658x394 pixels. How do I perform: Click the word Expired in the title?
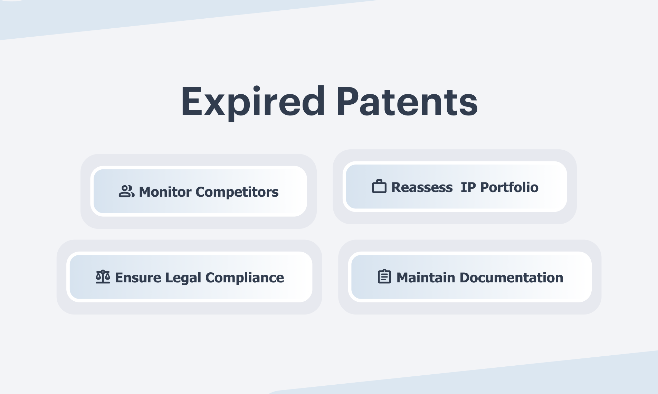pos(253,102)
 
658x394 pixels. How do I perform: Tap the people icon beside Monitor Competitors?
pos(126,191)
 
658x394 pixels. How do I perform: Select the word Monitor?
pos(165,192)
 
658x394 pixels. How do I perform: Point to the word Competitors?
pos(237,192)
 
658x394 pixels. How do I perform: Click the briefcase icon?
pos(379,186)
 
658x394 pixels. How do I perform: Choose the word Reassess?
pos(422,187)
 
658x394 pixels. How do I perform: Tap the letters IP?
pos(468,187)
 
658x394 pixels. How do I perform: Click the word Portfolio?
pos(509,187)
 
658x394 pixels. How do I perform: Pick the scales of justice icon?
pos(103,277)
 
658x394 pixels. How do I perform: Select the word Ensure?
pos(138,278)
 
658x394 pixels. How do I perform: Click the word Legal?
pos(183,278)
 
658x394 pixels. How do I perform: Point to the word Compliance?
pos(245,278)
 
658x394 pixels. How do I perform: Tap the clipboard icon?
pos(384,276)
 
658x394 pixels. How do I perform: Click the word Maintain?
pos(426,278)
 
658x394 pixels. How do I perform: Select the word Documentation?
pos(511,278)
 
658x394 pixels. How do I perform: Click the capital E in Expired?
pos(192,101)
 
